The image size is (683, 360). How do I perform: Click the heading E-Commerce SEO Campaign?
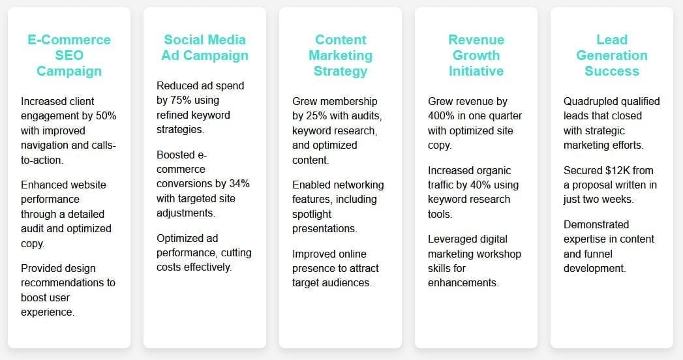69,55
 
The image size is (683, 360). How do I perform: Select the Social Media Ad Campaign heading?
205,48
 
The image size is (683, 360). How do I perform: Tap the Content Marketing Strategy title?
341,55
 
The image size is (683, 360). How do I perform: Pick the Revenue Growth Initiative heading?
476,55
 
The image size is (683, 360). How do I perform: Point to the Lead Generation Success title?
612,55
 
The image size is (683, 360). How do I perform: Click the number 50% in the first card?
106,116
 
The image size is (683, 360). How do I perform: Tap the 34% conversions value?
239,184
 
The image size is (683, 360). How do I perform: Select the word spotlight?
312,214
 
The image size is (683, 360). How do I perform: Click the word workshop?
500,254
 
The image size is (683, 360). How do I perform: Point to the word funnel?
588,254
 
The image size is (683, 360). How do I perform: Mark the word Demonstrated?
596,224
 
